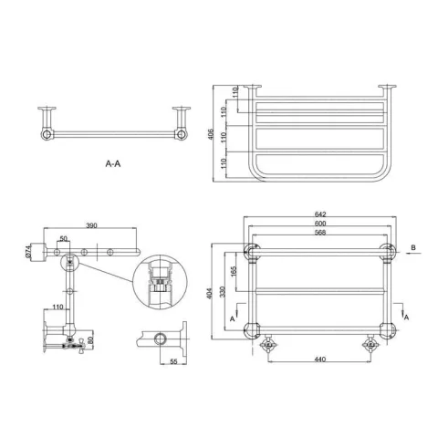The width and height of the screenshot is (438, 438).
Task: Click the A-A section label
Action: (x=113, y=164)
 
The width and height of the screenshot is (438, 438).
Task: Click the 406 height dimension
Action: (x=212, y=134)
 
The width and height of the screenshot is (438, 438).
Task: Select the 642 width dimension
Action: (x=320, y=214)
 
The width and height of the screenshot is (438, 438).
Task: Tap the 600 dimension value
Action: (x=320, y=224)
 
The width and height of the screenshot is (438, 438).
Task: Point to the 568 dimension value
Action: (x=320, y=233)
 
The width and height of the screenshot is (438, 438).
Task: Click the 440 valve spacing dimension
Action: (x=319, y=360)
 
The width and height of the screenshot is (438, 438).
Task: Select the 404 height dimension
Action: (x=209, y=293)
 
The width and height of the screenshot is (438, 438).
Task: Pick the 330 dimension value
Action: (x=223, y=292)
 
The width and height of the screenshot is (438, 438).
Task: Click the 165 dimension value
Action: (x=234, y=272)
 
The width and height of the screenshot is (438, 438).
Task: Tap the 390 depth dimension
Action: (x=91, y=225)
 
